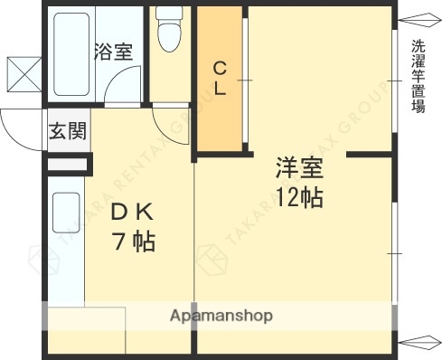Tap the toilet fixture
pyautogui.click(x=168, y=31)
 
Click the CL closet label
pyautogui.click(x=220, y=78)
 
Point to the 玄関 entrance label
pyautogui.click(x=68, y=132)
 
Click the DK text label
pyautogui.click(x=133, y=213)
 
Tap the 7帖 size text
pyautogui.click(x=133, y=242)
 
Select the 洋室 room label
pyautogui.click(x=299, y=169)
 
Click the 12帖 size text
pyautogui.click(x=299, y=197)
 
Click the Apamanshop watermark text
pyautogui.click(x=221, y=316)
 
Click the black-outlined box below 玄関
pyautogui.click(x=68, y=164)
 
